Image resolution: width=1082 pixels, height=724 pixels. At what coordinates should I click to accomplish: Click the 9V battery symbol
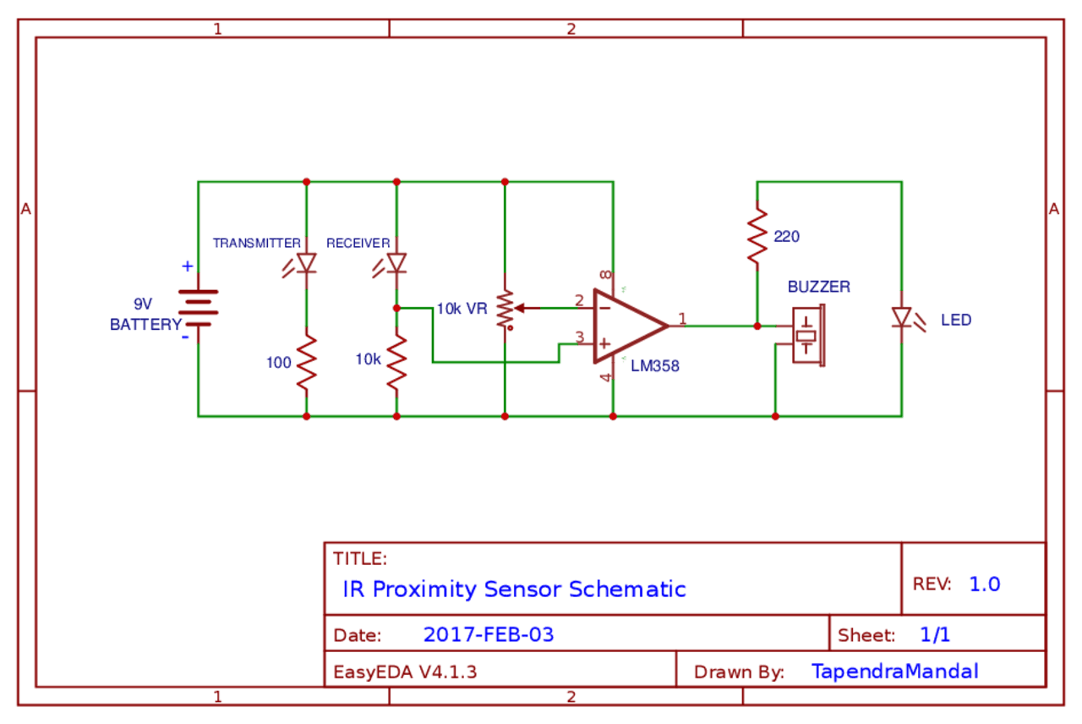[x=198, y=309]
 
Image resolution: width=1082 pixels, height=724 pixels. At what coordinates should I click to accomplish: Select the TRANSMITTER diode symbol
[x=306, y=263]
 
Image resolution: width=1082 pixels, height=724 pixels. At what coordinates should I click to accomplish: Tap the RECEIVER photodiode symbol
[x=396, y=263]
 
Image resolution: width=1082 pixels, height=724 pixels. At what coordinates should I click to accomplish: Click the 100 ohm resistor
[x=306, y=362]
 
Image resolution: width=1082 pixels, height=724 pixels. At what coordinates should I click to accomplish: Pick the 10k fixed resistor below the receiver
[x=396, y=362]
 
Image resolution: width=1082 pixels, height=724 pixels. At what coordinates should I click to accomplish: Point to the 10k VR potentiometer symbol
[x=505, y=309]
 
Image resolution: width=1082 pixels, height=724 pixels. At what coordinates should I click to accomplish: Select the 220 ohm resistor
[x=757, y=235]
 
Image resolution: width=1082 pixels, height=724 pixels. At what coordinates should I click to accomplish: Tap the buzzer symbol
[x=807, y=335]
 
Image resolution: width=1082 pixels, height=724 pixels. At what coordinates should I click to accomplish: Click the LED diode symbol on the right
[x=901, y=318]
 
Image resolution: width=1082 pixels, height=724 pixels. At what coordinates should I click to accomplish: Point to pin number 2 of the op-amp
[x=579, y=300]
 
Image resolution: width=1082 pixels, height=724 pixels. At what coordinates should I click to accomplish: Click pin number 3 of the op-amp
[x=579, y=337]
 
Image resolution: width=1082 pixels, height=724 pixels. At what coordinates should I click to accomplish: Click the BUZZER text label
[x=818, y=287]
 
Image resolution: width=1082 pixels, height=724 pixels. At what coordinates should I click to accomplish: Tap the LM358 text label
[x=655, y=367]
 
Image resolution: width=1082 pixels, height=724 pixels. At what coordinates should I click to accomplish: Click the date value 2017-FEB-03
[x=489, y=634]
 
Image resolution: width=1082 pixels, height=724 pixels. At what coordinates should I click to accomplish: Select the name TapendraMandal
[x=894, y=672]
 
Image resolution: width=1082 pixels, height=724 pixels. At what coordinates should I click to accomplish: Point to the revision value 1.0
[x=985, y=584]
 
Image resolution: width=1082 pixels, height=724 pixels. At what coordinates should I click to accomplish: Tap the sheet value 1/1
[x=934, y=634]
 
